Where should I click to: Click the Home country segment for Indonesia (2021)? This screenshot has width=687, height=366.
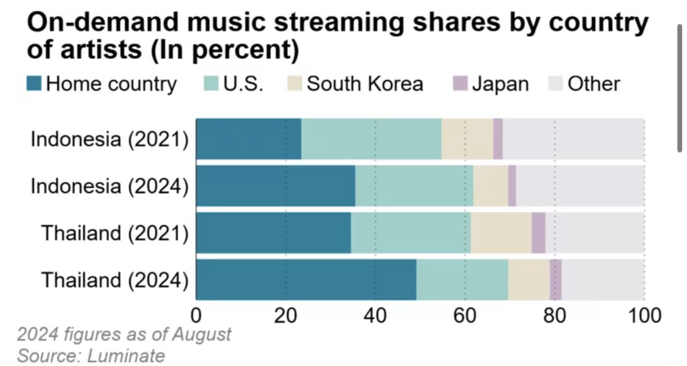pos(249,139)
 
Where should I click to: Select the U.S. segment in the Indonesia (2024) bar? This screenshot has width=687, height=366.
pos(414,186)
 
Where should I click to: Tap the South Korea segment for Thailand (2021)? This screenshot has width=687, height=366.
pos(501,233)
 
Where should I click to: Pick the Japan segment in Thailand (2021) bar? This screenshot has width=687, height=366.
pos(538,233)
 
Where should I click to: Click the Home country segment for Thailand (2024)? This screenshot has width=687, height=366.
pos(306,280)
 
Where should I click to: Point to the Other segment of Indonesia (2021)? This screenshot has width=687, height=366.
pos(573,139)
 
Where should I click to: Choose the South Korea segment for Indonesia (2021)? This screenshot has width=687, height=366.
pos(467,139)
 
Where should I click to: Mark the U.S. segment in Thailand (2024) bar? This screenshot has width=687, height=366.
pos(462,280)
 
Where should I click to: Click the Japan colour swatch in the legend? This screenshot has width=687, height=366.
pos(460,84)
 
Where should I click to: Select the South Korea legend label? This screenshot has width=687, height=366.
pos(365,84)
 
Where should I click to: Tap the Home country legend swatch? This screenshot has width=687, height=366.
pos(34,84)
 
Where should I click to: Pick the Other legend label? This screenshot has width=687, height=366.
pos(593,84)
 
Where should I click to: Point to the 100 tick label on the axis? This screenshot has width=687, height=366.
pos(644,316)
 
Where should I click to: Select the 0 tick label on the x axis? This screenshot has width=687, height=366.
pos(196,316)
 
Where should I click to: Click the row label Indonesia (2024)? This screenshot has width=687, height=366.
pos(110,186)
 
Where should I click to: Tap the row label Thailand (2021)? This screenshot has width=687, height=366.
pos(115,233)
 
